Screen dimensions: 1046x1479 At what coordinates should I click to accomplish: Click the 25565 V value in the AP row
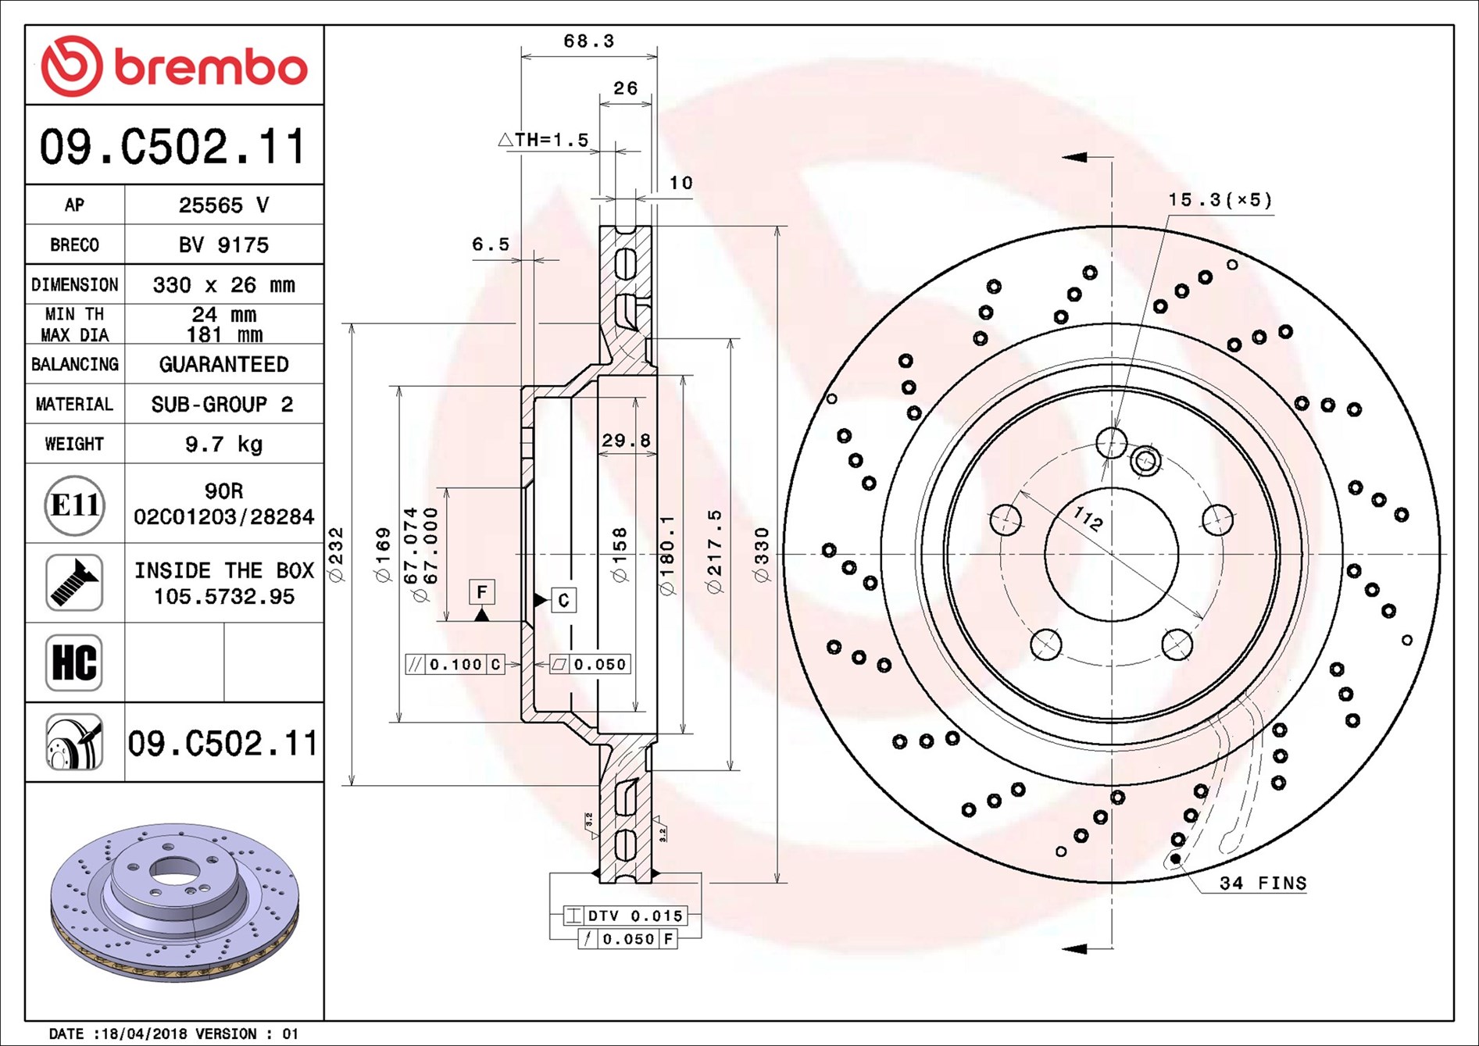[x=223, y=205]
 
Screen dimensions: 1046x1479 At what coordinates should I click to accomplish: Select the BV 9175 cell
[x=223, y=245]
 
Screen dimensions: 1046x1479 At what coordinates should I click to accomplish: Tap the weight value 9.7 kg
[x=223, y=444]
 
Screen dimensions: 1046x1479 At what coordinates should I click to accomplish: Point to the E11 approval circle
[x=74, y=505]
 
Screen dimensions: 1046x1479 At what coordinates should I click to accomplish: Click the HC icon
[x=74, y=662]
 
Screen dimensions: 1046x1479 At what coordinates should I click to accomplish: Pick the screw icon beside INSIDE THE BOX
[x=74, y=583]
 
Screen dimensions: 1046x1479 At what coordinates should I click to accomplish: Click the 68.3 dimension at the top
[x=589, y=41]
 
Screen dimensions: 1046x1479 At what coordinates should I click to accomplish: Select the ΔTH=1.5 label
[x=544, y=140]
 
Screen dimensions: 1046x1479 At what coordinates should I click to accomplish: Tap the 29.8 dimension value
[x=626, y=441]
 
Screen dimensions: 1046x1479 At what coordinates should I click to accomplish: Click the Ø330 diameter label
[x=762, y=555]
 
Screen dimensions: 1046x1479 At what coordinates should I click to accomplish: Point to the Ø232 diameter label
[x=336, y=555]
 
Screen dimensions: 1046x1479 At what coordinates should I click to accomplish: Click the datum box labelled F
[x=481, y=592]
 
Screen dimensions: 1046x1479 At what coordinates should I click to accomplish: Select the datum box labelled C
[x=563, y=600]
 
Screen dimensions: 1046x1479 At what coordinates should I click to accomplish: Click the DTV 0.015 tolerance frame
[x=625, y=916]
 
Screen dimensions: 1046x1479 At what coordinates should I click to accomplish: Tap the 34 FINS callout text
[x=1263, y=884]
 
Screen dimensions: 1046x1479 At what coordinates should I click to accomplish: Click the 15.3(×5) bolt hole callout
[x=1220, y=200]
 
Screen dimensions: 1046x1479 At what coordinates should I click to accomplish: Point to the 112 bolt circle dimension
[x=1087, y=517]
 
